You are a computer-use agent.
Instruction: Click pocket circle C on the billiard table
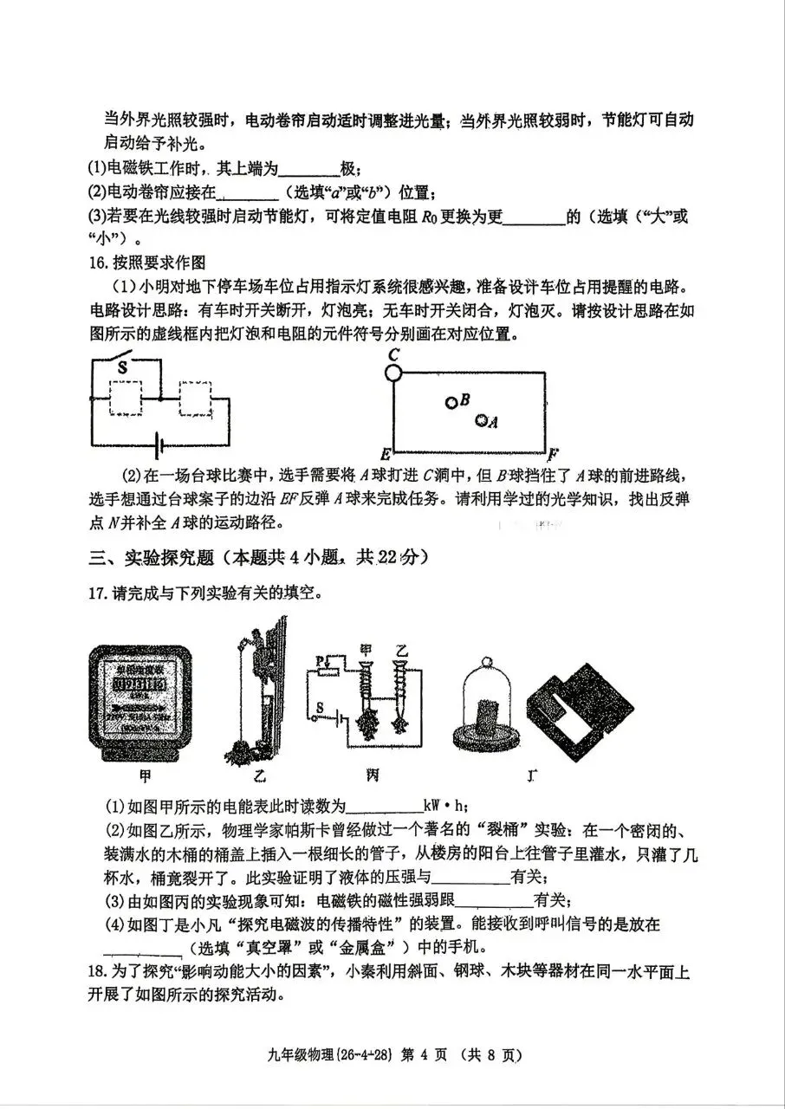(393, 373)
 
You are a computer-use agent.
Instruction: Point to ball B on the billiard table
(451, 402)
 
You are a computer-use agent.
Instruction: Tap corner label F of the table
(552, 453)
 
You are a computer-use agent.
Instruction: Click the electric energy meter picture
(145, 703)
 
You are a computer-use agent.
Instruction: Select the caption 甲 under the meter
(145, 774)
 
